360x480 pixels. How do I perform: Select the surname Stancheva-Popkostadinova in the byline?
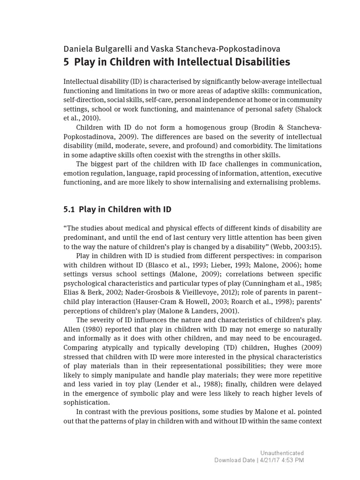pos(224,49)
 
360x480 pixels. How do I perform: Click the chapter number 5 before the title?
pos(66,62)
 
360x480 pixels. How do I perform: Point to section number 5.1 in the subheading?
pos(69,209)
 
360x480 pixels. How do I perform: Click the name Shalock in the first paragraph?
pos(308,109)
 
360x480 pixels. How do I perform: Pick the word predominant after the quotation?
pos(84,238)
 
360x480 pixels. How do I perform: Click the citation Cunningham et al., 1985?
pos(282,284)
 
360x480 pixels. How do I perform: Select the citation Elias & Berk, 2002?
pos(90,292)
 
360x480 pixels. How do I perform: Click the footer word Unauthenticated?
pos(282,453)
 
